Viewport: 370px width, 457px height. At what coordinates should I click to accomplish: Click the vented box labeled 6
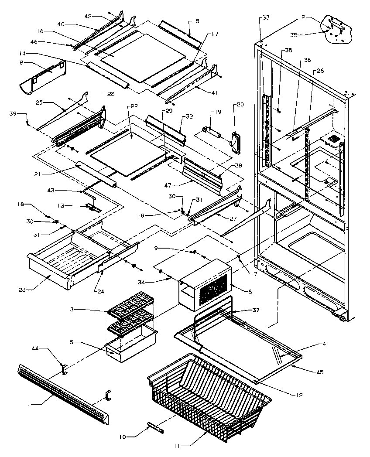205,283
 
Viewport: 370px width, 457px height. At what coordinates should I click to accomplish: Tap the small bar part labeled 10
156,427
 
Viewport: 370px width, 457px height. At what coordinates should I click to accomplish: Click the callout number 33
266,17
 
